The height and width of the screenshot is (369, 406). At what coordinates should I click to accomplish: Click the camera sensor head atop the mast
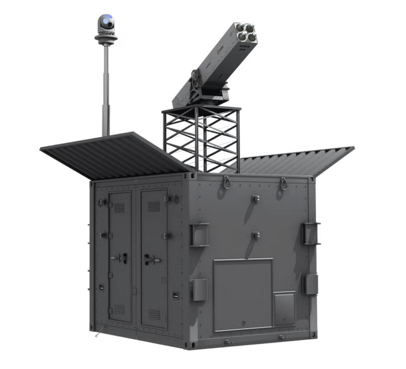tap(106, 22)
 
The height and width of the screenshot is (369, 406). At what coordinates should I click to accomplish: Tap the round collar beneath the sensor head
tap(106, 38)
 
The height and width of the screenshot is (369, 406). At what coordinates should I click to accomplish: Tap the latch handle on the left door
tap(121, 258)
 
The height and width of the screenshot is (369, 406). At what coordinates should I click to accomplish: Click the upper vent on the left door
tap(119, 208)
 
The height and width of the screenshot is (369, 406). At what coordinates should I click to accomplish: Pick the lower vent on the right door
tap(154, 314)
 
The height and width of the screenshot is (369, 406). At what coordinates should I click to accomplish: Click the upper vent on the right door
tap(154, 206)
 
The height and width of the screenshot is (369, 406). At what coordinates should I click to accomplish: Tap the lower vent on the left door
tap(119, 310)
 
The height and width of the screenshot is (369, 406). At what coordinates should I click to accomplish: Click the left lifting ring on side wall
tap(227, 182)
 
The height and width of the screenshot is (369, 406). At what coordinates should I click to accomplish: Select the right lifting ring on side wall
tap(284, 183)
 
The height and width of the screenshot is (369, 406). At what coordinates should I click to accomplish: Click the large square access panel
tap(243, 294)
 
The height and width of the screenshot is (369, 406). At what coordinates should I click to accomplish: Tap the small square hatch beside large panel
tap(284, 309)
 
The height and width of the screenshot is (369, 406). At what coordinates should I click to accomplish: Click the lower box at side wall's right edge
tap(311, 284)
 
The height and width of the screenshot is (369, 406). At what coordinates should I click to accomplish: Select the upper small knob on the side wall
tap(256, 198)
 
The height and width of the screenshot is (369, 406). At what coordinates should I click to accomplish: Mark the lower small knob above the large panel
tap(256, 235)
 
